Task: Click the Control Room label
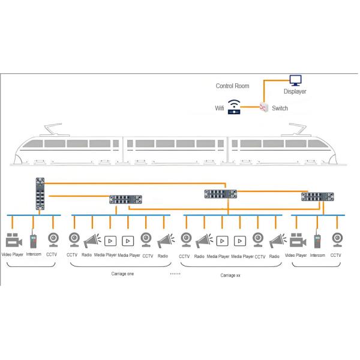point(232,86)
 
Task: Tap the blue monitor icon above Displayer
point(295,80)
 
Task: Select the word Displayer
point(295,92)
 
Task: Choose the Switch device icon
point(263,107)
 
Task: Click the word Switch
point(280,109)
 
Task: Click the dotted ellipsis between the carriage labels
point(175,273)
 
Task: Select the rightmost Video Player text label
point(295,255)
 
